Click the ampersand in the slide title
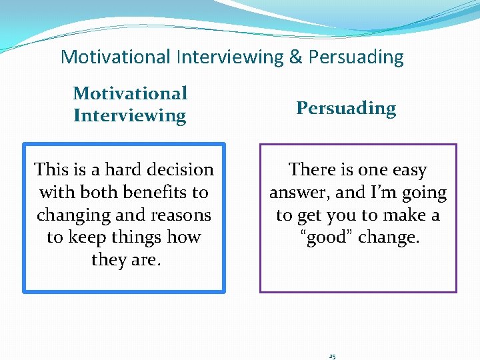click(x=295, y=57)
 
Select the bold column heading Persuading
click(x=346, y=108)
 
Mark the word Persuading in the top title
click(x=355, y=57)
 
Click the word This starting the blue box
click(x=53, y=170)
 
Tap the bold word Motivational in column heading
click(x=130, y=93)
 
